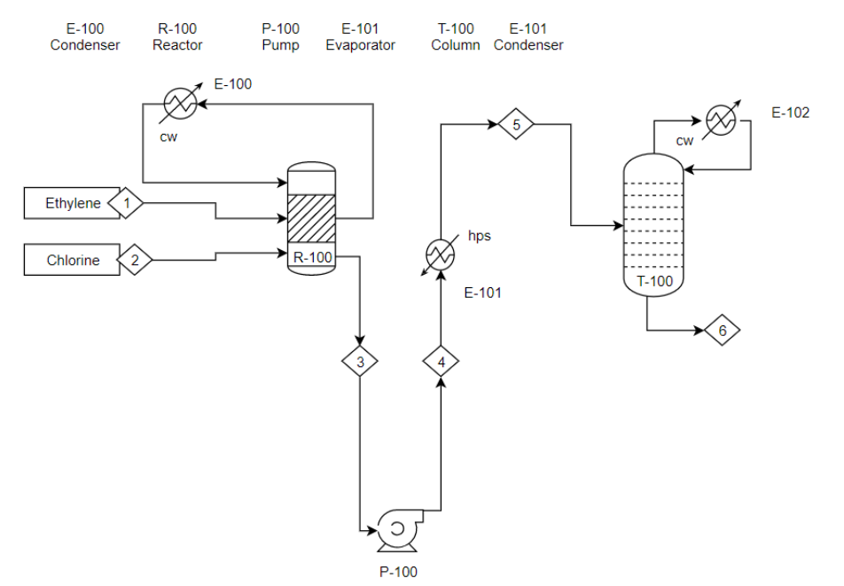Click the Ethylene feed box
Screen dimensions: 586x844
[72, 204]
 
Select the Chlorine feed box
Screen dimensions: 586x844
[72, 260]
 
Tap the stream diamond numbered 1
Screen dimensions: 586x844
[127, 204]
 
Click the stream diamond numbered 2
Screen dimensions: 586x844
[135, 260]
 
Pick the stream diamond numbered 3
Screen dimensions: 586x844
[360, 361]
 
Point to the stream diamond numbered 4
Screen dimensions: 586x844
[441, 361]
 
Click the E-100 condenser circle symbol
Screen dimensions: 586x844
[179, 104]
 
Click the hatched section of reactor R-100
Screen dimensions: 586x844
[311, 217]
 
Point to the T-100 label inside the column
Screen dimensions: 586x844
[655, 282]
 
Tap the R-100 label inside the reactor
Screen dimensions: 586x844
[311, 258]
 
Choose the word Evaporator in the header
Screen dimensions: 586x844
[360, 45]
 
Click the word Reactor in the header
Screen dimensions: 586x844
[177, 45]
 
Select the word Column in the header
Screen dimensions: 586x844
[456, 45]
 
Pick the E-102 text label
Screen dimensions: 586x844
[791, 113]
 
